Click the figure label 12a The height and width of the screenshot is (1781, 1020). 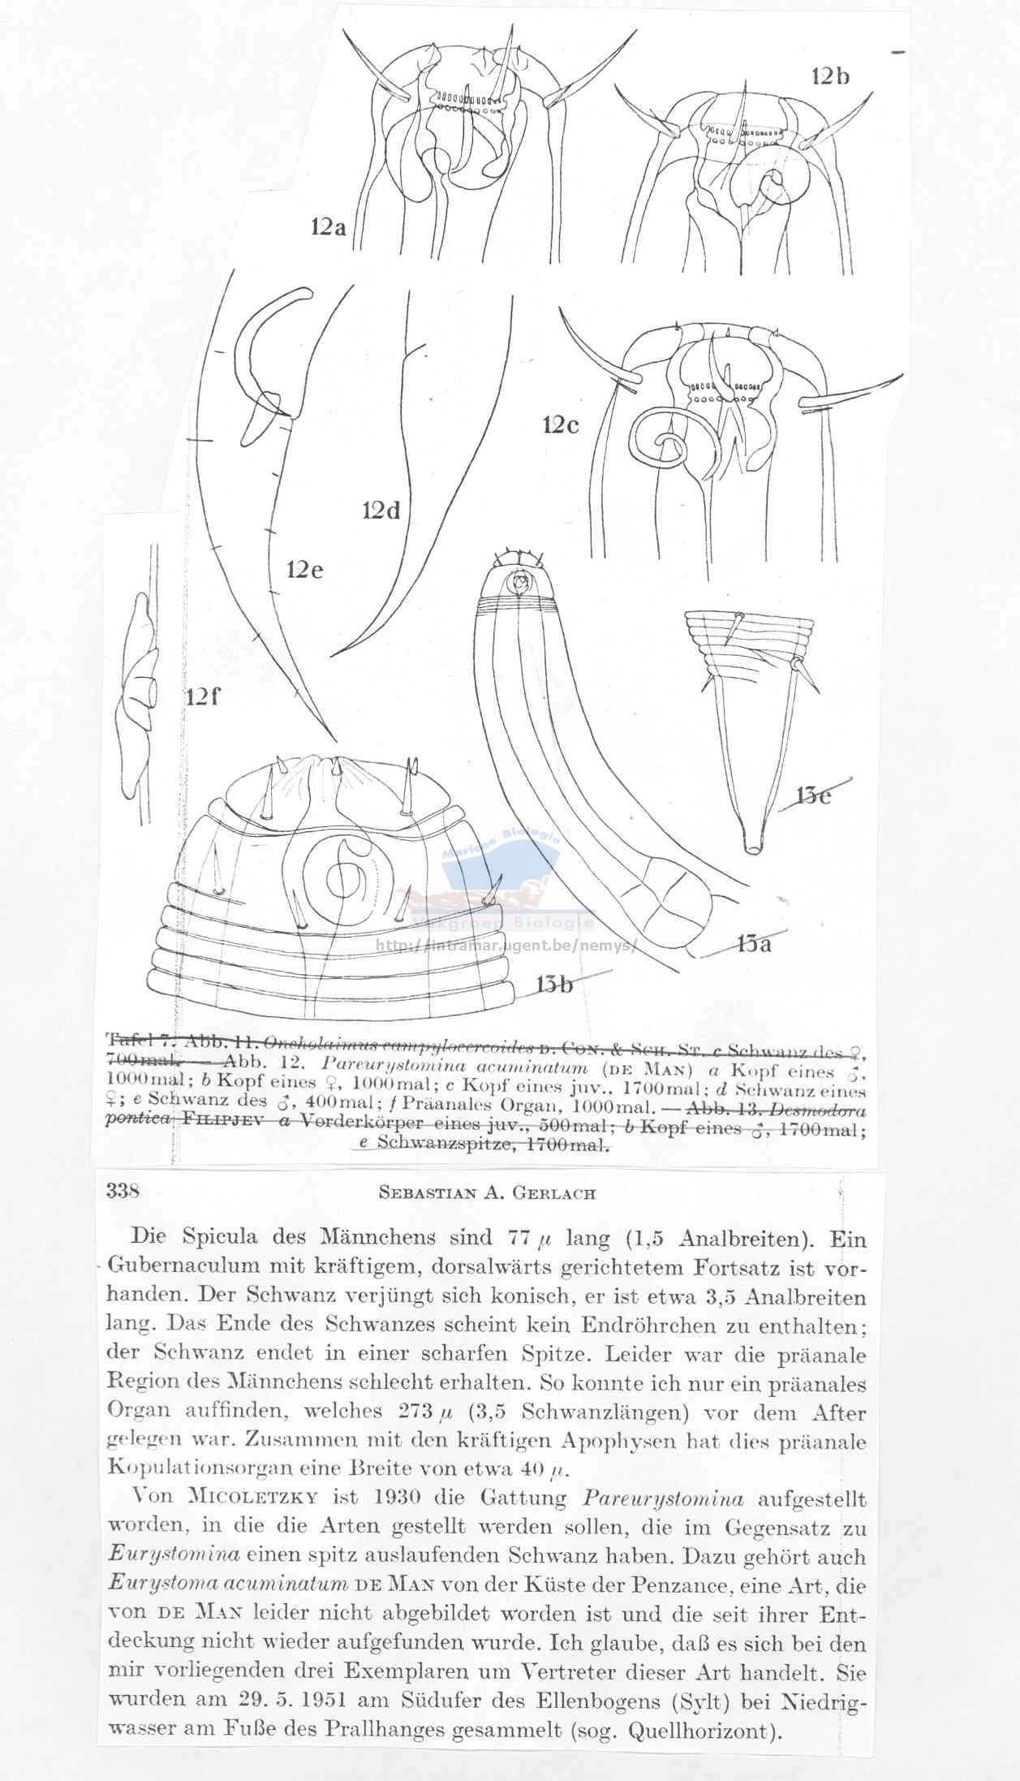pos(327,228)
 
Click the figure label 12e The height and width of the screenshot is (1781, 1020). pos(304,570)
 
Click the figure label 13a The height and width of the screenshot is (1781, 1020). pos(760,943)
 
